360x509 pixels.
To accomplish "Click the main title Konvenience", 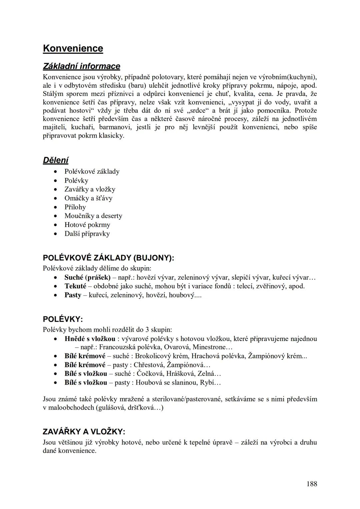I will pyautogui.click(x=73, y=48).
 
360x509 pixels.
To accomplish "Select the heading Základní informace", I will pyautogui.click(x=81, y=66).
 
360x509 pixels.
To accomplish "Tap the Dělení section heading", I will pyautogui.click(x=56, y=160).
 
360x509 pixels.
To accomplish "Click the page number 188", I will pyautogui.click(x=312, y=484).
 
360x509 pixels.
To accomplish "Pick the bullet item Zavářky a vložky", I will pyautogui.click(x=90, y=189).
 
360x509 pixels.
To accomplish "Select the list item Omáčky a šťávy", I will pyautogui.click(x=88, y=198).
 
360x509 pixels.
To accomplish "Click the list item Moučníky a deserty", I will pyautogui.click(x=93, y=216).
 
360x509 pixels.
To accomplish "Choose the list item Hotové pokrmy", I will pyautogui.click(x=87, y=225).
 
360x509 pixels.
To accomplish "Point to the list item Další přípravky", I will pyautogui.click(x=87, y=234).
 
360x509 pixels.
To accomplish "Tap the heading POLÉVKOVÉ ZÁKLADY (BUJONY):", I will pyautogui.click(x=108, y=258).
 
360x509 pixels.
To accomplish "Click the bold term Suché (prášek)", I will pyautogui.click(x=87, y=277).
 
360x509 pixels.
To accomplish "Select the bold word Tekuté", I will pyautogui.click(x=75, y=286).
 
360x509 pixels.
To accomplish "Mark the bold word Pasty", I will pyautogui.click(x=73, y=295).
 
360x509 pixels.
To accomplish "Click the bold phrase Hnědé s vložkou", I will pyautogui.click(x=90, y=339).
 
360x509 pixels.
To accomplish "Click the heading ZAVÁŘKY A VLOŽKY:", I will pyautogui.click(x=84, y=432).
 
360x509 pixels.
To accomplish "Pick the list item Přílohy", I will pyautogui.click(x=75, y=207).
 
